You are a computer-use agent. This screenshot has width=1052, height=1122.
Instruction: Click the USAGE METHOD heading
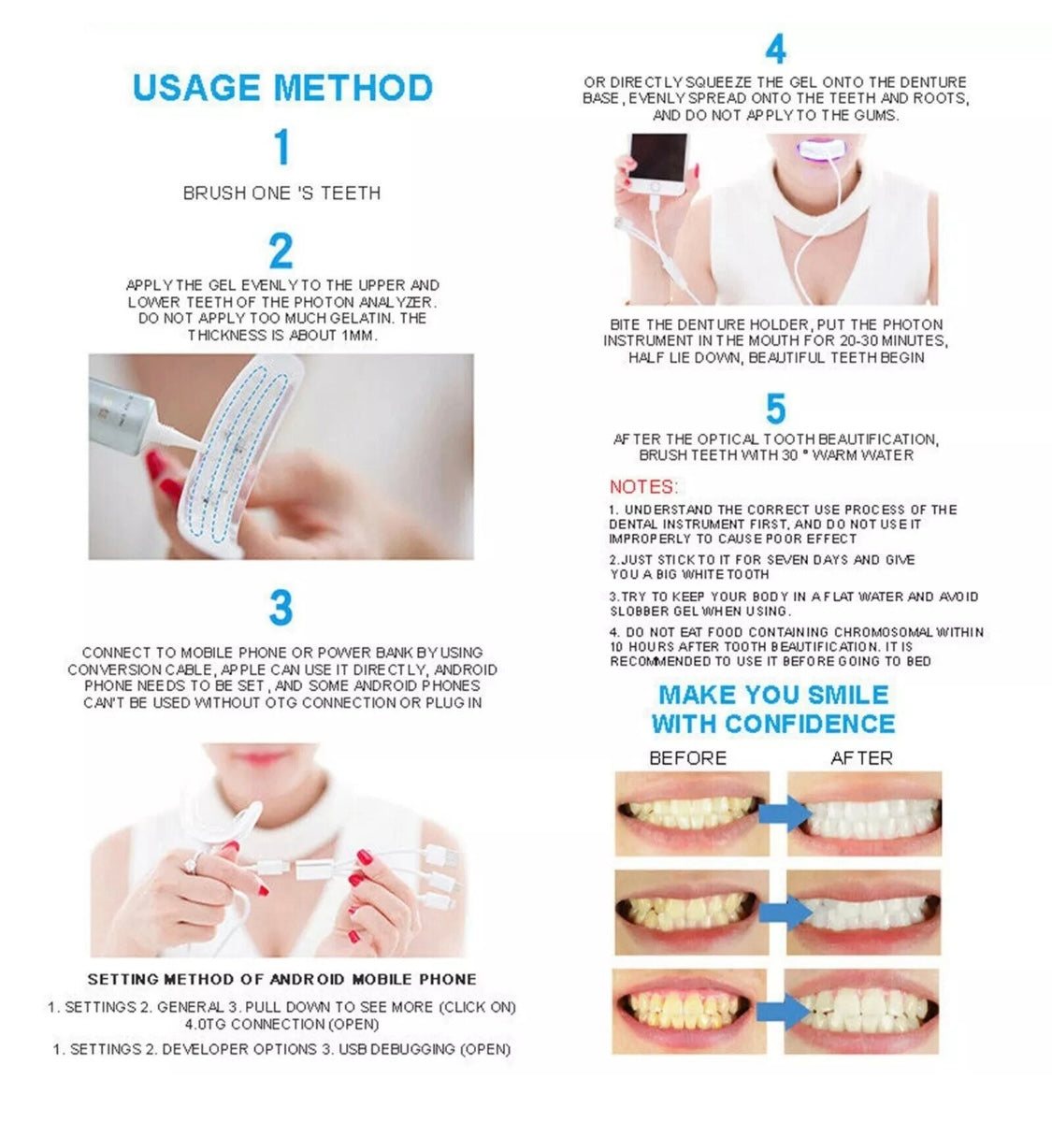282,87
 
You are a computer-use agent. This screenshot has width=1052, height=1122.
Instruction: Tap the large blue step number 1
281,148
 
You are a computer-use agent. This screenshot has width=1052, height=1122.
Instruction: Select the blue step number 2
281,251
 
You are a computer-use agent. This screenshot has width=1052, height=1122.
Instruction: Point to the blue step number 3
281,608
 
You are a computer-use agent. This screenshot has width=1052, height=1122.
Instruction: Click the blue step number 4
775,50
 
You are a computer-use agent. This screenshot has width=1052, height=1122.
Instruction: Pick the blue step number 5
775,410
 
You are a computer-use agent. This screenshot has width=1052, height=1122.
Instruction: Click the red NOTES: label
643,486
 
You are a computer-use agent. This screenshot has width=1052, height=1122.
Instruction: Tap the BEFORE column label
687,757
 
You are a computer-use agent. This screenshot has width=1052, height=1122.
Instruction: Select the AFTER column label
861,757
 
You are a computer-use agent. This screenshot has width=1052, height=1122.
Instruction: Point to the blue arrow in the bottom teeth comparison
784,1011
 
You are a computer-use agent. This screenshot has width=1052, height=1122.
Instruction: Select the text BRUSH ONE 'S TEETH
281,194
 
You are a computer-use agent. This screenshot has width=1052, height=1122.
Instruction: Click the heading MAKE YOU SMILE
773,695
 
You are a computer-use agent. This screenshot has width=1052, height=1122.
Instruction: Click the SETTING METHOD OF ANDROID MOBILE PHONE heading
281,979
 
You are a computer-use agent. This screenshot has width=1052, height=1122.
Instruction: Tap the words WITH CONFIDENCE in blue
773,724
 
